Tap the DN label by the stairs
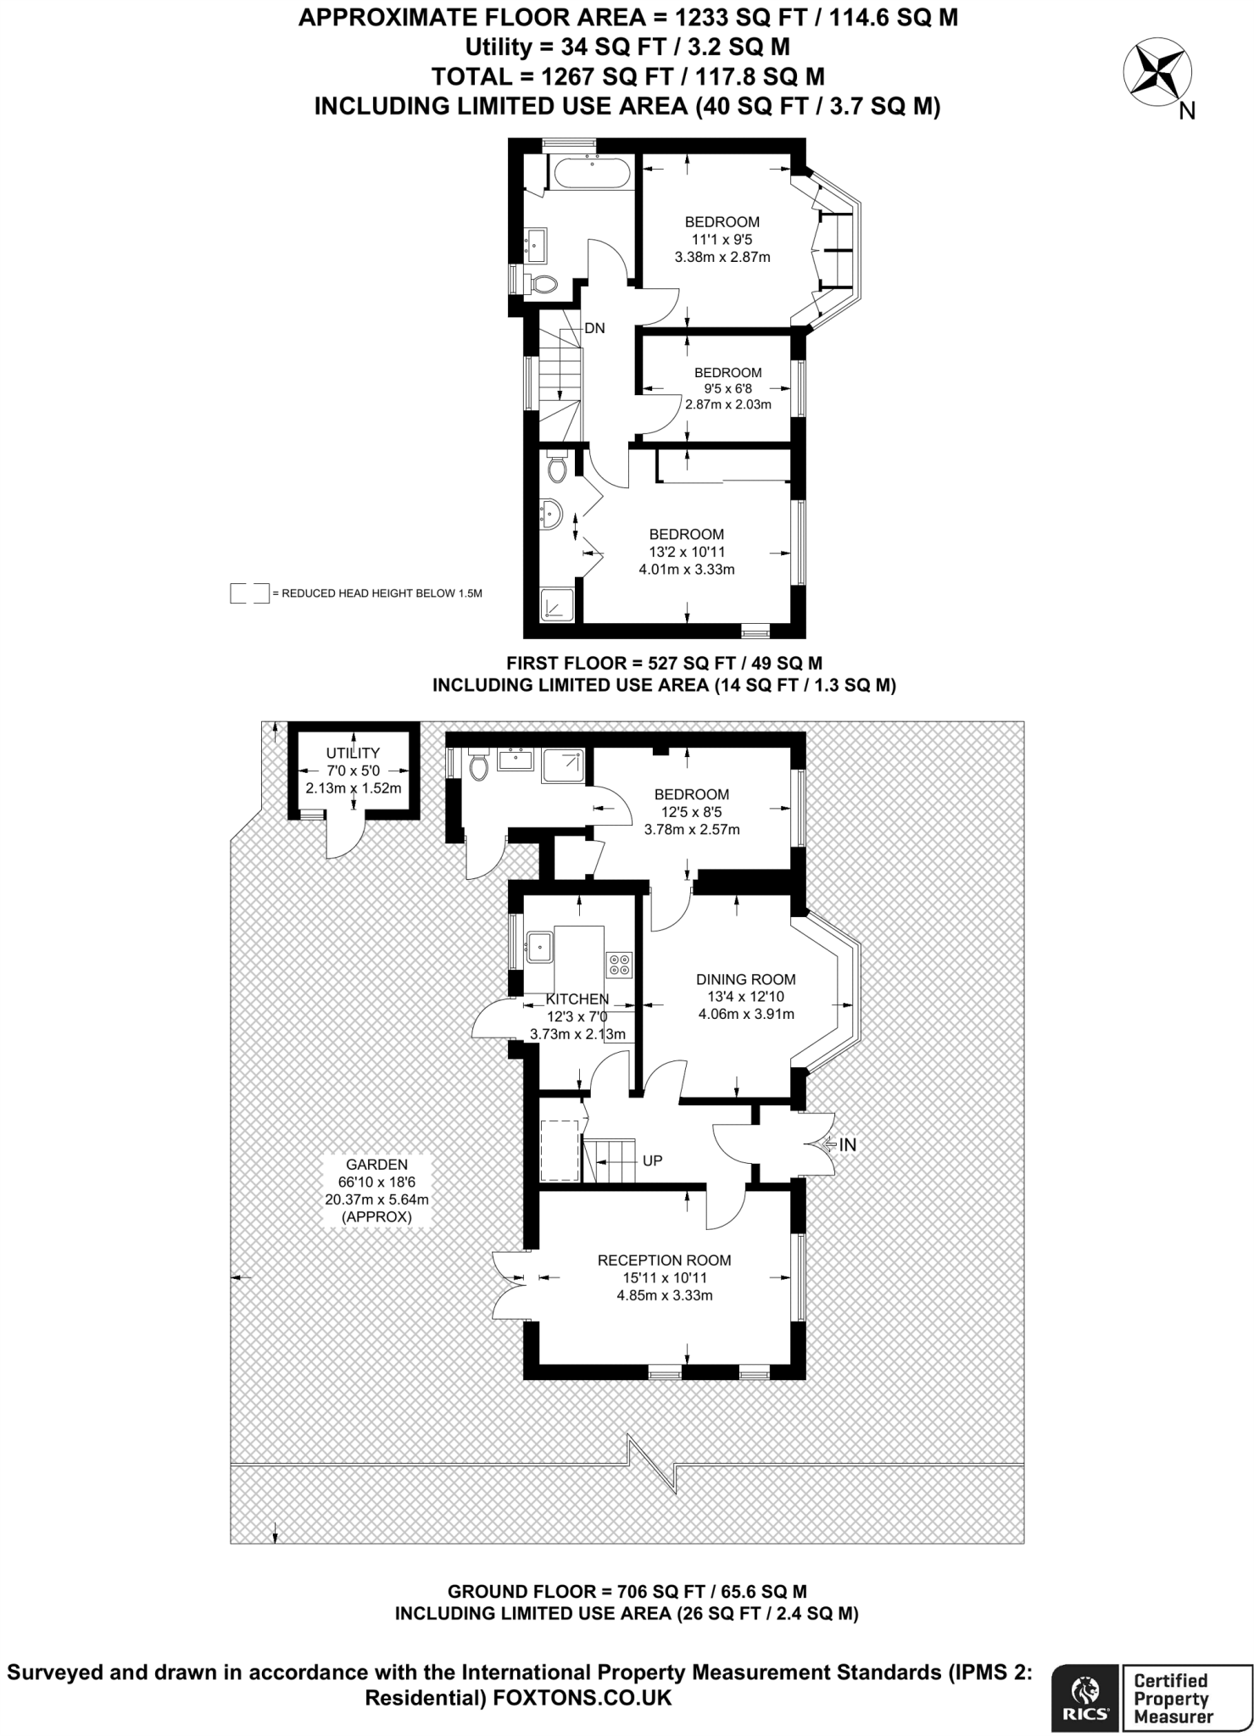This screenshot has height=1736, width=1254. (x=594, y=328)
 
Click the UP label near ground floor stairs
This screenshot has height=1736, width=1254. (x=652, y=1160)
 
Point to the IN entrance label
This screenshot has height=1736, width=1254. (x=847, y=1144)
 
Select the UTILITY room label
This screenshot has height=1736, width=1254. (x=353, y=753)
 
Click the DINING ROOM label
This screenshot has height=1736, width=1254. (x=746, y=979)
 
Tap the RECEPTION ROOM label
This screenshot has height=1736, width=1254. (x=664, y=1260)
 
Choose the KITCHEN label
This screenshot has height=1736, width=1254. (x=577, y=999)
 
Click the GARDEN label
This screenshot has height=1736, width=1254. (x=376, y=1165)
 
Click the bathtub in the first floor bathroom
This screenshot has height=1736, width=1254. (x=592, y=175)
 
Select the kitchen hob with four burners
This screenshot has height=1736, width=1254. (x=619, y=964)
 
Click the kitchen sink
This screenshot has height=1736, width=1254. (x=539, y=946)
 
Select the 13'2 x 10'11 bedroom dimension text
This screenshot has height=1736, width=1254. (x=687, y=552)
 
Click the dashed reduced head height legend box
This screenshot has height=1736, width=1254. (x=249, y=593)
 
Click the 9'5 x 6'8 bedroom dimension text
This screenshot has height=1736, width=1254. (x=727, y=389)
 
